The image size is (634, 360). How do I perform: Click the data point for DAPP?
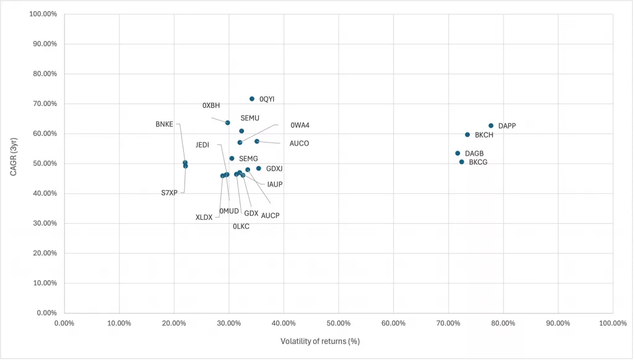(491, 126)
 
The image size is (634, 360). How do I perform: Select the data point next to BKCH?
(467, 134)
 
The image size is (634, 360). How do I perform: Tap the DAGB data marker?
(458, 153)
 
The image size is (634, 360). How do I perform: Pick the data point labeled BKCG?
(461, 162)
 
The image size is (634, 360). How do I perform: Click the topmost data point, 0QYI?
(252, 99)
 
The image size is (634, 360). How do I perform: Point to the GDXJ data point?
(259, 169)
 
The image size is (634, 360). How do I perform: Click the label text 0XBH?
(211, 105)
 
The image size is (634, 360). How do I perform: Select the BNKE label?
(164, 125)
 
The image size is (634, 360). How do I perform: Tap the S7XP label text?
(169, 193)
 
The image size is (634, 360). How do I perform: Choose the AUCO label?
(299, 144)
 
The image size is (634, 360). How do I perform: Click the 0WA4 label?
(300, 125)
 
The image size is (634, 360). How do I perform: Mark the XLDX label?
(204, 217)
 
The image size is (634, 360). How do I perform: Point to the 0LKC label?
(241, 227)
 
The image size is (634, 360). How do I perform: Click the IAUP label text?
(275, 184)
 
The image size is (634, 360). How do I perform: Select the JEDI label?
(202, 145)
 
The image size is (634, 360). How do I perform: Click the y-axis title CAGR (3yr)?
(14, 162)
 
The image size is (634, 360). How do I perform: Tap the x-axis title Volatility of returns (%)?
(320, 341)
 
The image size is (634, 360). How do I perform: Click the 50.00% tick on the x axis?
(339, 323)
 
